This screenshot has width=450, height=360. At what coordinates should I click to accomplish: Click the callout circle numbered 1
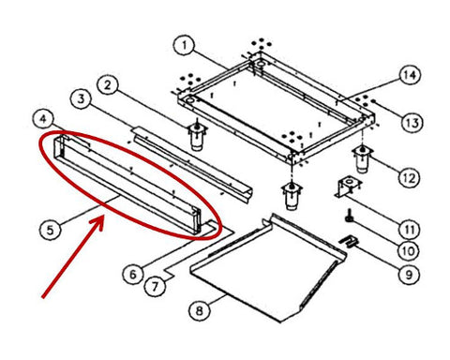coord(185,45)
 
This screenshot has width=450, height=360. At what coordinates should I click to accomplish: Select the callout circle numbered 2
coord(108,85)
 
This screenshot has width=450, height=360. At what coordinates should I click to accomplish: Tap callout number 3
coord(82,99)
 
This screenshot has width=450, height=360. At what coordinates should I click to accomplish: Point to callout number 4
coord(43,119)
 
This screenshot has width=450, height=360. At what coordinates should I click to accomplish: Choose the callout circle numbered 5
coord(51,231)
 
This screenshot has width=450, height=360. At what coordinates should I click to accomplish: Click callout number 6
coord(133,275)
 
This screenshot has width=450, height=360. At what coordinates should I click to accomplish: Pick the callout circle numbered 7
coord(156,286)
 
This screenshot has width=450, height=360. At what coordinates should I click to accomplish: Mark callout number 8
coord(200,310)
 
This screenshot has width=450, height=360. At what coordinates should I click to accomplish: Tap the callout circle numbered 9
coord(409,275)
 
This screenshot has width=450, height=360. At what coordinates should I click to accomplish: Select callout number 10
coord(409,250)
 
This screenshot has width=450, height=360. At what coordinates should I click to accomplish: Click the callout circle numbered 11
coord(410,230)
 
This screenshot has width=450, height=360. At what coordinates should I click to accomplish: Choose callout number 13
coord(412,123)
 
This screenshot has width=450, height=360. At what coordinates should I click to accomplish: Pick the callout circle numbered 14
coord(410,75)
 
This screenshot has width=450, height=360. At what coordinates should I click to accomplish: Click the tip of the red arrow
coord(102,217)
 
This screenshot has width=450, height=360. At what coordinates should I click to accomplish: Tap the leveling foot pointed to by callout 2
coord(197,135)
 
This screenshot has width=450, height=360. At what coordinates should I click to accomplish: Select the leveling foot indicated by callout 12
coord(362,158)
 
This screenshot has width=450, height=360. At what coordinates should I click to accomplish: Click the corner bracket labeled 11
coord(349,188)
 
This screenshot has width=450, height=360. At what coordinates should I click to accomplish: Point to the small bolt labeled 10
coord(348,217)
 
